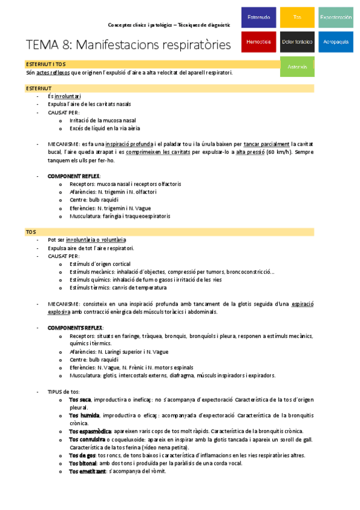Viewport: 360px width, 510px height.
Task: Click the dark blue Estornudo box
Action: pyautogui.click(x=258, y=18)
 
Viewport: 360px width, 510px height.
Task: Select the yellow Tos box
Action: pyautogui.click(x=297, y=18)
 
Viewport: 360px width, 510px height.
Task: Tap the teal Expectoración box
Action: pyautogui.click(x=335, y=18)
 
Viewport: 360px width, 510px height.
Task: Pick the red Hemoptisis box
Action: pyautogui.click(x=258, y=41)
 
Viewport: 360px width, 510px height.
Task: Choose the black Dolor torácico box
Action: pyautogui.click(x=297, y=41)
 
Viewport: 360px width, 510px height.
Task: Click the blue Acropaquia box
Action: pyautogui.click(x=335, y=41)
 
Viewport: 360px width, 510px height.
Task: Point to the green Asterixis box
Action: pyautogui.click(x=297, y=66)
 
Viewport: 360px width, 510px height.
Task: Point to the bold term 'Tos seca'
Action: pyautogui.click(x=80, y=399)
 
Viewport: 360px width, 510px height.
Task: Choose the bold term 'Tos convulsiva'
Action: pyautogui.click(x=88, y=439)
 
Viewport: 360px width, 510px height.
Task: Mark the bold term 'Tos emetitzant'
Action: pyautogui.click(x=87, y=471)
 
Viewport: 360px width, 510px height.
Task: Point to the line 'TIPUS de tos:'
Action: pyautogui.click(x=63, y=391)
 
